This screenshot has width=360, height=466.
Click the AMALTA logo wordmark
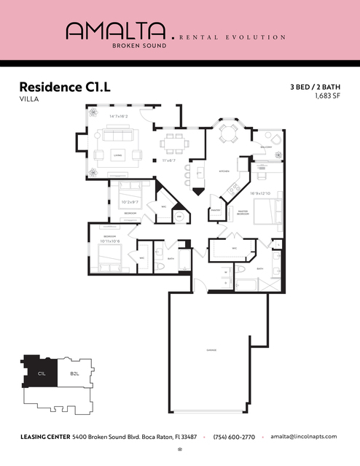(x=115, y=30)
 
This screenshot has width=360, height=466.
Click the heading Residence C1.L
(x=65, y=88)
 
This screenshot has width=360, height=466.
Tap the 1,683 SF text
(x=327, y=96)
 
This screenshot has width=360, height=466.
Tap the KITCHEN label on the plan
(x=205, y=171)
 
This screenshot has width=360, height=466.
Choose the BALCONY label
(x=267, y=147)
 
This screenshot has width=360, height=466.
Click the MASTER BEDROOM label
(x=240, y=213)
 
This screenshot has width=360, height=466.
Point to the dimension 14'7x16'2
(x=118, y=117)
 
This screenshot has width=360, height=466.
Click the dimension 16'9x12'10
(x=260, y=193)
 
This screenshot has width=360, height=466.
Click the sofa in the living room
(x=117, y=136)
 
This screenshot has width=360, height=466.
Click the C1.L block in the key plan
(x=42, y=373)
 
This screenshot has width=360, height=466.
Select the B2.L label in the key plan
(x=74, y=373)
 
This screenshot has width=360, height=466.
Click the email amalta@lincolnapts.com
(x=303, y=436)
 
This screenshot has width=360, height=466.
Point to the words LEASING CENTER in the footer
(x=44, y=436)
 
